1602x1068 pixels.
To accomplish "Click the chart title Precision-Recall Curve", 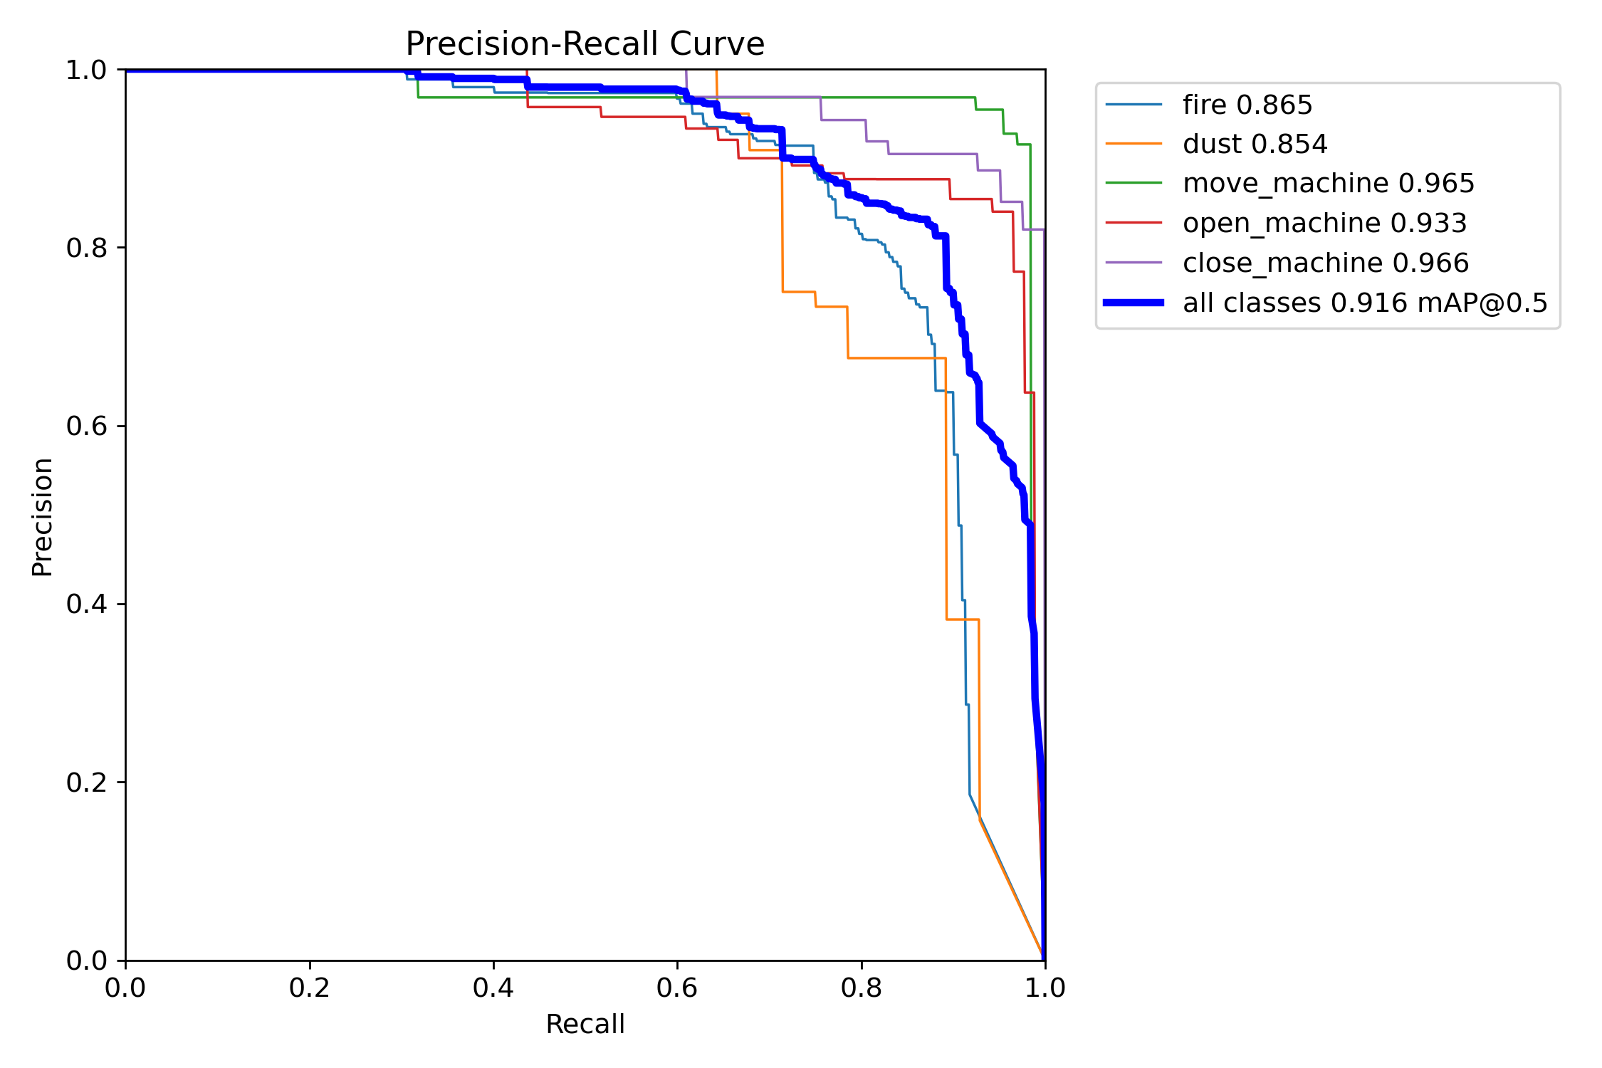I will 585,44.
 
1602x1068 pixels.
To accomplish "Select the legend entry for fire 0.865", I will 1247,105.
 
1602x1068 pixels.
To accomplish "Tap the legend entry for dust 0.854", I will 1255,145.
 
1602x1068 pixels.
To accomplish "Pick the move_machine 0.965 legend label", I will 1328,184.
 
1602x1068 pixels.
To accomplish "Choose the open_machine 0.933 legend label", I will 1324,224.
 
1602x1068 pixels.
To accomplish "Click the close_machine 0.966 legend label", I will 1325,263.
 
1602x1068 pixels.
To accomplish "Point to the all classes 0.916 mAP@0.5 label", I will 1365,303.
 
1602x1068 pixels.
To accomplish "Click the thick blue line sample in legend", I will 1134,303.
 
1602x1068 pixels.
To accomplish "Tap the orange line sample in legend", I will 1134,145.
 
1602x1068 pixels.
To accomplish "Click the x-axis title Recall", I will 585,1025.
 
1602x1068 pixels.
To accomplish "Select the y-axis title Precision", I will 42,517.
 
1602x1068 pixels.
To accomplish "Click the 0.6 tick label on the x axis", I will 677,988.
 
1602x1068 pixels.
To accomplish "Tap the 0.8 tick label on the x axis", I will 861,988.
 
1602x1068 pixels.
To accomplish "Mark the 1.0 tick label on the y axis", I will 85,70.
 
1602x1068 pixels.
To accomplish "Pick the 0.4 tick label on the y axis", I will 85,604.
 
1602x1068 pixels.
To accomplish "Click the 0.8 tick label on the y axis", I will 85,248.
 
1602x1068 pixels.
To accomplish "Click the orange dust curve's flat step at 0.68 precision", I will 896,358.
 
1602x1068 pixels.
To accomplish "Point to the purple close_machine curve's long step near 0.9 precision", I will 933,154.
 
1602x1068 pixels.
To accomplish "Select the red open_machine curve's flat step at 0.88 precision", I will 897,179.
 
